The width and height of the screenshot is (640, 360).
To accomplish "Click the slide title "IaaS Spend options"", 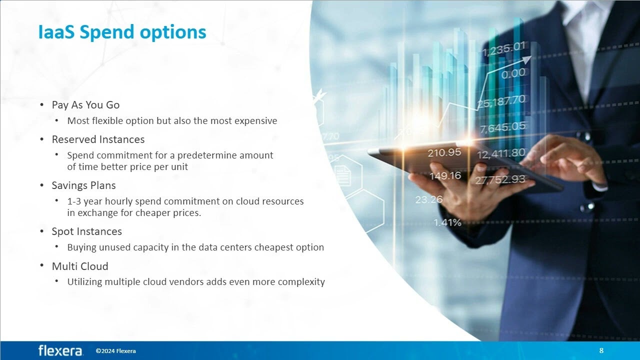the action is pyautogui.click(x=122, y=32).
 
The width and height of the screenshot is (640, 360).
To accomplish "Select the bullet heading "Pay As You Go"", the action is pyautogui.click(x=85, y=105).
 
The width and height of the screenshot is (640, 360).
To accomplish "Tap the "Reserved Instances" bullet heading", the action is pyautogui.click(x=98, y=139).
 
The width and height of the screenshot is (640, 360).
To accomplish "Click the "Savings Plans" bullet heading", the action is pyautogui.click(x=83, y=185).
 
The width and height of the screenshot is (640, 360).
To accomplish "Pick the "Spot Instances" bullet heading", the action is pyautogui.click(x=86, y=231).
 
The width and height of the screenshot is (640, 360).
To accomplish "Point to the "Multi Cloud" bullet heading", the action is pyautogui.click(x=80, y=266).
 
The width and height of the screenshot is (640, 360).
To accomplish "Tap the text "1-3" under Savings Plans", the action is pyautogui.click(x=74, y=201).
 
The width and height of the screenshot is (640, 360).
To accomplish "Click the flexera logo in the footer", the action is pyautogui.click(x=60, y=350).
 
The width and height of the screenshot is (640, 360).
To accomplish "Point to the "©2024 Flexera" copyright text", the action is pyautogui.click(x=115, y=351).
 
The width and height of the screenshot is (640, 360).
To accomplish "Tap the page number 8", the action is pyautogui.click(x=601, y=350).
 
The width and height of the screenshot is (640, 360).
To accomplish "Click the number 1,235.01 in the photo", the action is pyautogui.click(x=503, y=49).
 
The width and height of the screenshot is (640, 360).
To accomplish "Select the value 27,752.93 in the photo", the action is pyautogui.click(x=500, y=179).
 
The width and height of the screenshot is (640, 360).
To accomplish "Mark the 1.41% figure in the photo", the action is pyautogui.click(x=447, y=222).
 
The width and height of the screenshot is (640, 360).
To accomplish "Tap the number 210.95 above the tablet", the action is pyautogui.click(x=444, y=153).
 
